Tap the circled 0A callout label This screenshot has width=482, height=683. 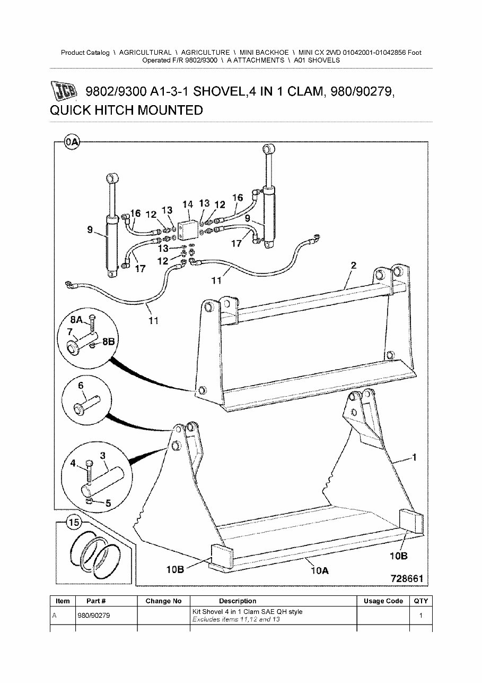(x=72, y=142)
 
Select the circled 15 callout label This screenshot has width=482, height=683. (x=74, y=523)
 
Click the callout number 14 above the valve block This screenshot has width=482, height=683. (x=187, y=204)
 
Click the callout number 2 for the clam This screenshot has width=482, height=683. (x=353, y=265)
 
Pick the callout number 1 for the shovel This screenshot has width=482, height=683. (x=414, y=457)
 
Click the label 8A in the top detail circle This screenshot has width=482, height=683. (x=77, y=320)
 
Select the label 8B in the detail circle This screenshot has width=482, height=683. (x=108, y=342)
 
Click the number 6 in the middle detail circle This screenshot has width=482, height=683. (x=81, y=386)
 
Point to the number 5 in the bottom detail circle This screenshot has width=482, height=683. (x=108, y=502)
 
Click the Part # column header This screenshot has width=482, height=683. (x=96, y=601)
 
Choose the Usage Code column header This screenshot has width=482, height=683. (x=383, y=601)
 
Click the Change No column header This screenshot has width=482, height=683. (x=163, y=601)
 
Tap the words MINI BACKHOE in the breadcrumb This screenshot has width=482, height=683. (x=264, y=53)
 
